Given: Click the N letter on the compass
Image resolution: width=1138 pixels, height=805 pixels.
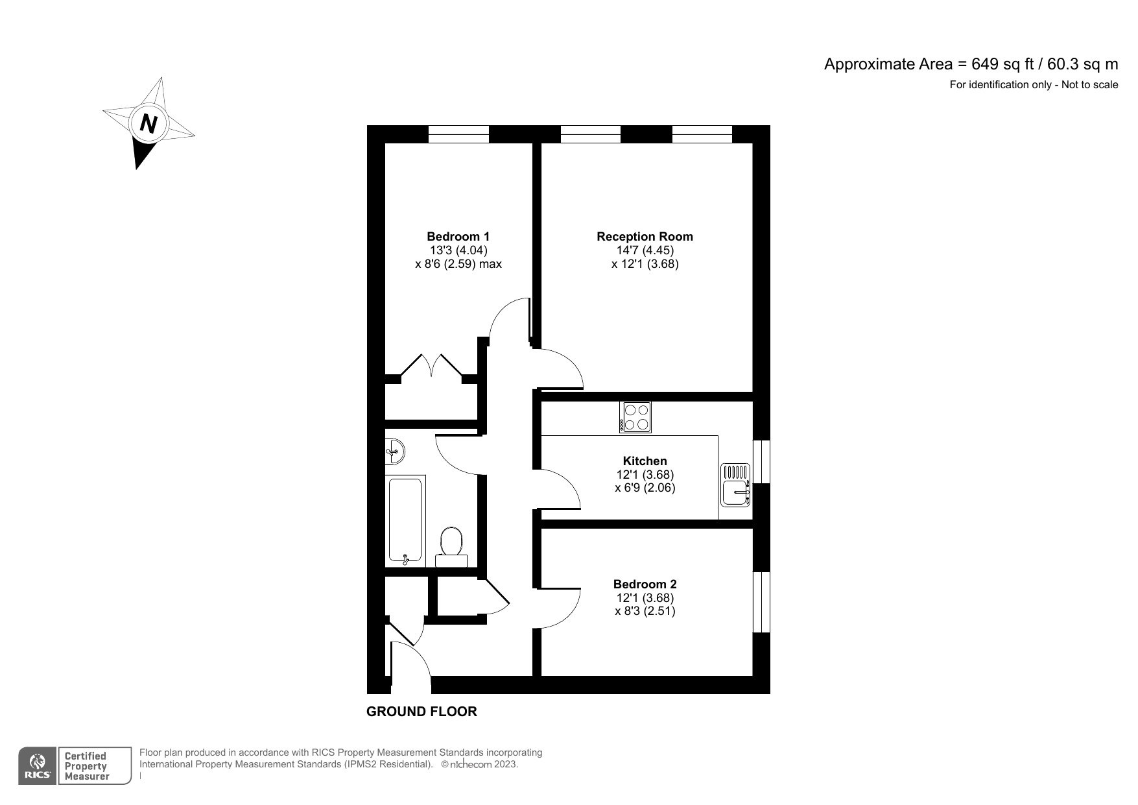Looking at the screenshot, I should (149, 123).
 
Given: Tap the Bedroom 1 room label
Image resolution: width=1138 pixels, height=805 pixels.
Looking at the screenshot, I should (458, 237).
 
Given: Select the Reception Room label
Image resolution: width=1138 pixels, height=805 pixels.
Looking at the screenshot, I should (645, 237).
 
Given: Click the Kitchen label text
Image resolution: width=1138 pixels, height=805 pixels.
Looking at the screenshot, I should (645, 461).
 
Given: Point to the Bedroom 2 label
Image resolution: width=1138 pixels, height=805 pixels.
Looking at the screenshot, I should (645, 584).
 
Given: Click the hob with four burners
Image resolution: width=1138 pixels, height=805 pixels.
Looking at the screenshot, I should (635, 417).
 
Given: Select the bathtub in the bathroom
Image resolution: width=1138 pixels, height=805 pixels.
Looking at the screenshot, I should (406, 520).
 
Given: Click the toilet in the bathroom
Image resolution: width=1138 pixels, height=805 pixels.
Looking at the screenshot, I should (451, 545).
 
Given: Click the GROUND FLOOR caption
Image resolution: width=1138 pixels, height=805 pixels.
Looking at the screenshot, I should (421, 712).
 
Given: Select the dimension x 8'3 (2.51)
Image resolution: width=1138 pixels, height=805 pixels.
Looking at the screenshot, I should (645, 611).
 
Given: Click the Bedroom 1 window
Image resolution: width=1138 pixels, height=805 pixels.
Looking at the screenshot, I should (458, 134).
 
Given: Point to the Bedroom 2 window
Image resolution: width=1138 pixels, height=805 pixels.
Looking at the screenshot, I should (761, 602).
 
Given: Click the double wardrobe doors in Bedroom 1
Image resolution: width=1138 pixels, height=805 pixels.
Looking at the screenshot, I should (432, 366).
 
